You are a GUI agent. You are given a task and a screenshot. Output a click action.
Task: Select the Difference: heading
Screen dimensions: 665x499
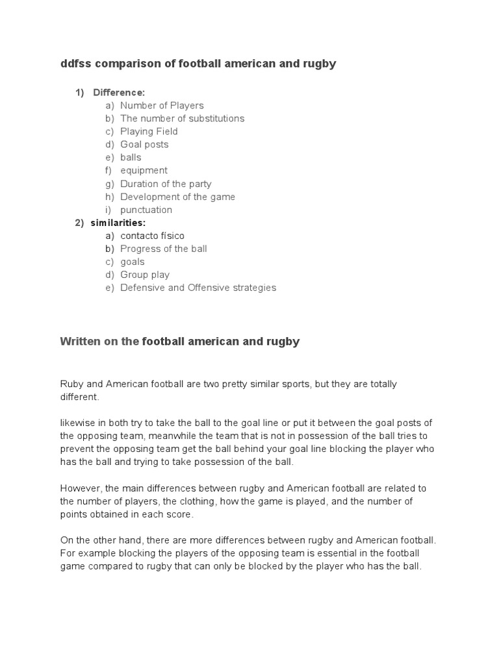[119, 92]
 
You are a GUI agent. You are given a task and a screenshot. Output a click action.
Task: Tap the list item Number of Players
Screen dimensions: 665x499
[162, 105]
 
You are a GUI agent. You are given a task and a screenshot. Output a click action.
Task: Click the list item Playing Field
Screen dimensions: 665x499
[149, 131]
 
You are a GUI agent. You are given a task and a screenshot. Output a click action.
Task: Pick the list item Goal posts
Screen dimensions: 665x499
[144, 144]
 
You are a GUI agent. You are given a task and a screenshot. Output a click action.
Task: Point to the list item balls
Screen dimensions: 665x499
[131, 157]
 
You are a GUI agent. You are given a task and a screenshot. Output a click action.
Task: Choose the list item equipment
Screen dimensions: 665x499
[144, 170]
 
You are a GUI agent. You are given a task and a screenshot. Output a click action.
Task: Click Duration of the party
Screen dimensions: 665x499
[166, 184]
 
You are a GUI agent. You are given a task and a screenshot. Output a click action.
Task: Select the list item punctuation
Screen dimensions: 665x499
[146, 210]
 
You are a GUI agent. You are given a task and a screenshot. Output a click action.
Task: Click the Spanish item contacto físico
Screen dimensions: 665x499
[152, 236]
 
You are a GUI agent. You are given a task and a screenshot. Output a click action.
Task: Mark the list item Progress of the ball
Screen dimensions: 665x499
[164, 249]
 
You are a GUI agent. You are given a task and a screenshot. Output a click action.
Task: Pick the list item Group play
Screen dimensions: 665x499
[145, 275]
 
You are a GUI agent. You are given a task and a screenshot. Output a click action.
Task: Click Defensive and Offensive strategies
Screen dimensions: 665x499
[198, 288]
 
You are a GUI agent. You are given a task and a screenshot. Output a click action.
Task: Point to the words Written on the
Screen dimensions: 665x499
[99, 342]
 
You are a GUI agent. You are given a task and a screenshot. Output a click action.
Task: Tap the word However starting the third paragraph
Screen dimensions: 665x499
[81, 488]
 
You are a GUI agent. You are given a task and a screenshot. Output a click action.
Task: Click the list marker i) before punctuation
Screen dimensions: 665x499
[109, 210]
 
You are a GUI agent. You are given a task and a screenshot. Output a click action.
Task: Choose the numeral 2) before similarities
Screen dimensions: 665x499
[79, 223]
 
